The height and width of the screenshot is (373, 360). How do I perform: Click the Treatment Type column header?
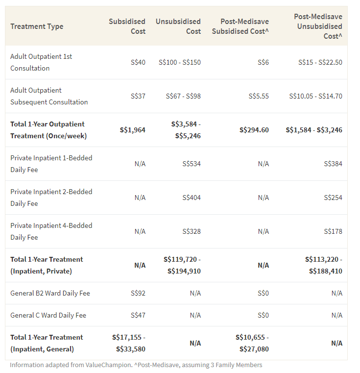coord(37,26)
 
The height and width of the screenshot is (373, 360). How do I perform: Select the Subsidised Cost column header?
coord(127,26)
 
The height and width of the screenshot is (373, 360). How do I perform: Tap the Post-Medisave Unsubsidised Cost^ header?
coord(318,26)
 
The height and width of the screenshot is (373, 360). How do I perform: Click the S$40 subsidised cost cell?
coord(138,62)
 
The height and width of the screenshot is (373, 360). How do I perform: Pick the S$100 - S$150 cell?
coord(179,62)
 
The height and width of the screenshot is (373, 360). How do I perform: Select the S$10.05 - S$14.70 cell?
coord(315,96)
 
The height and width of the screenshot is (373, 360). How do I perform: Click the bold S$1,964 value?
coord(132,130)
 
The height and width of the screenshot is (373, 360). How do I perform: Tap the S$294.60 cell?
coord(254,130)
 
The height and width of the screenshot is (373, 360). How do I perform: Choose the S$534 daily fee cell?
coord(191,164)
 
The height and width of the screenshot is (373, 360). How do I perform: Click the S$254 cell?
coord(333,198)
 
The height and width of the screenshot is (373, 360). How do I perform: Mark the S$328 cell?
coord(191,231)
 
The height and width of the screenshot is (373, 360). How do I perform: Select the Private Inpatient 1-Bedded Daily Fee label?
coord(51,164)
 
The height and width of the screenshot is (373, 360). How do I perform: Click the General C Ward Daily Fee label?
coord(48,315)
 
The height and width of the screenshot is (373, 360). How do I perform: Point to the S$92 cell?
coord(138,293)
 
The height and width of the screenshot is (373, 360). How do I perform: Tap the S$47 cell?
coord(138,315)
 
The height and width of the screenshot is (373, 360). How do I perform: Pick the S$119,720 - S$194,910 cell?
coord(182,265)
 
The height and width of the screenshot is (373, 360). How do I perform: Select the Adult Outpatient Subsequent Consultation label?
coord(49,96)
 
